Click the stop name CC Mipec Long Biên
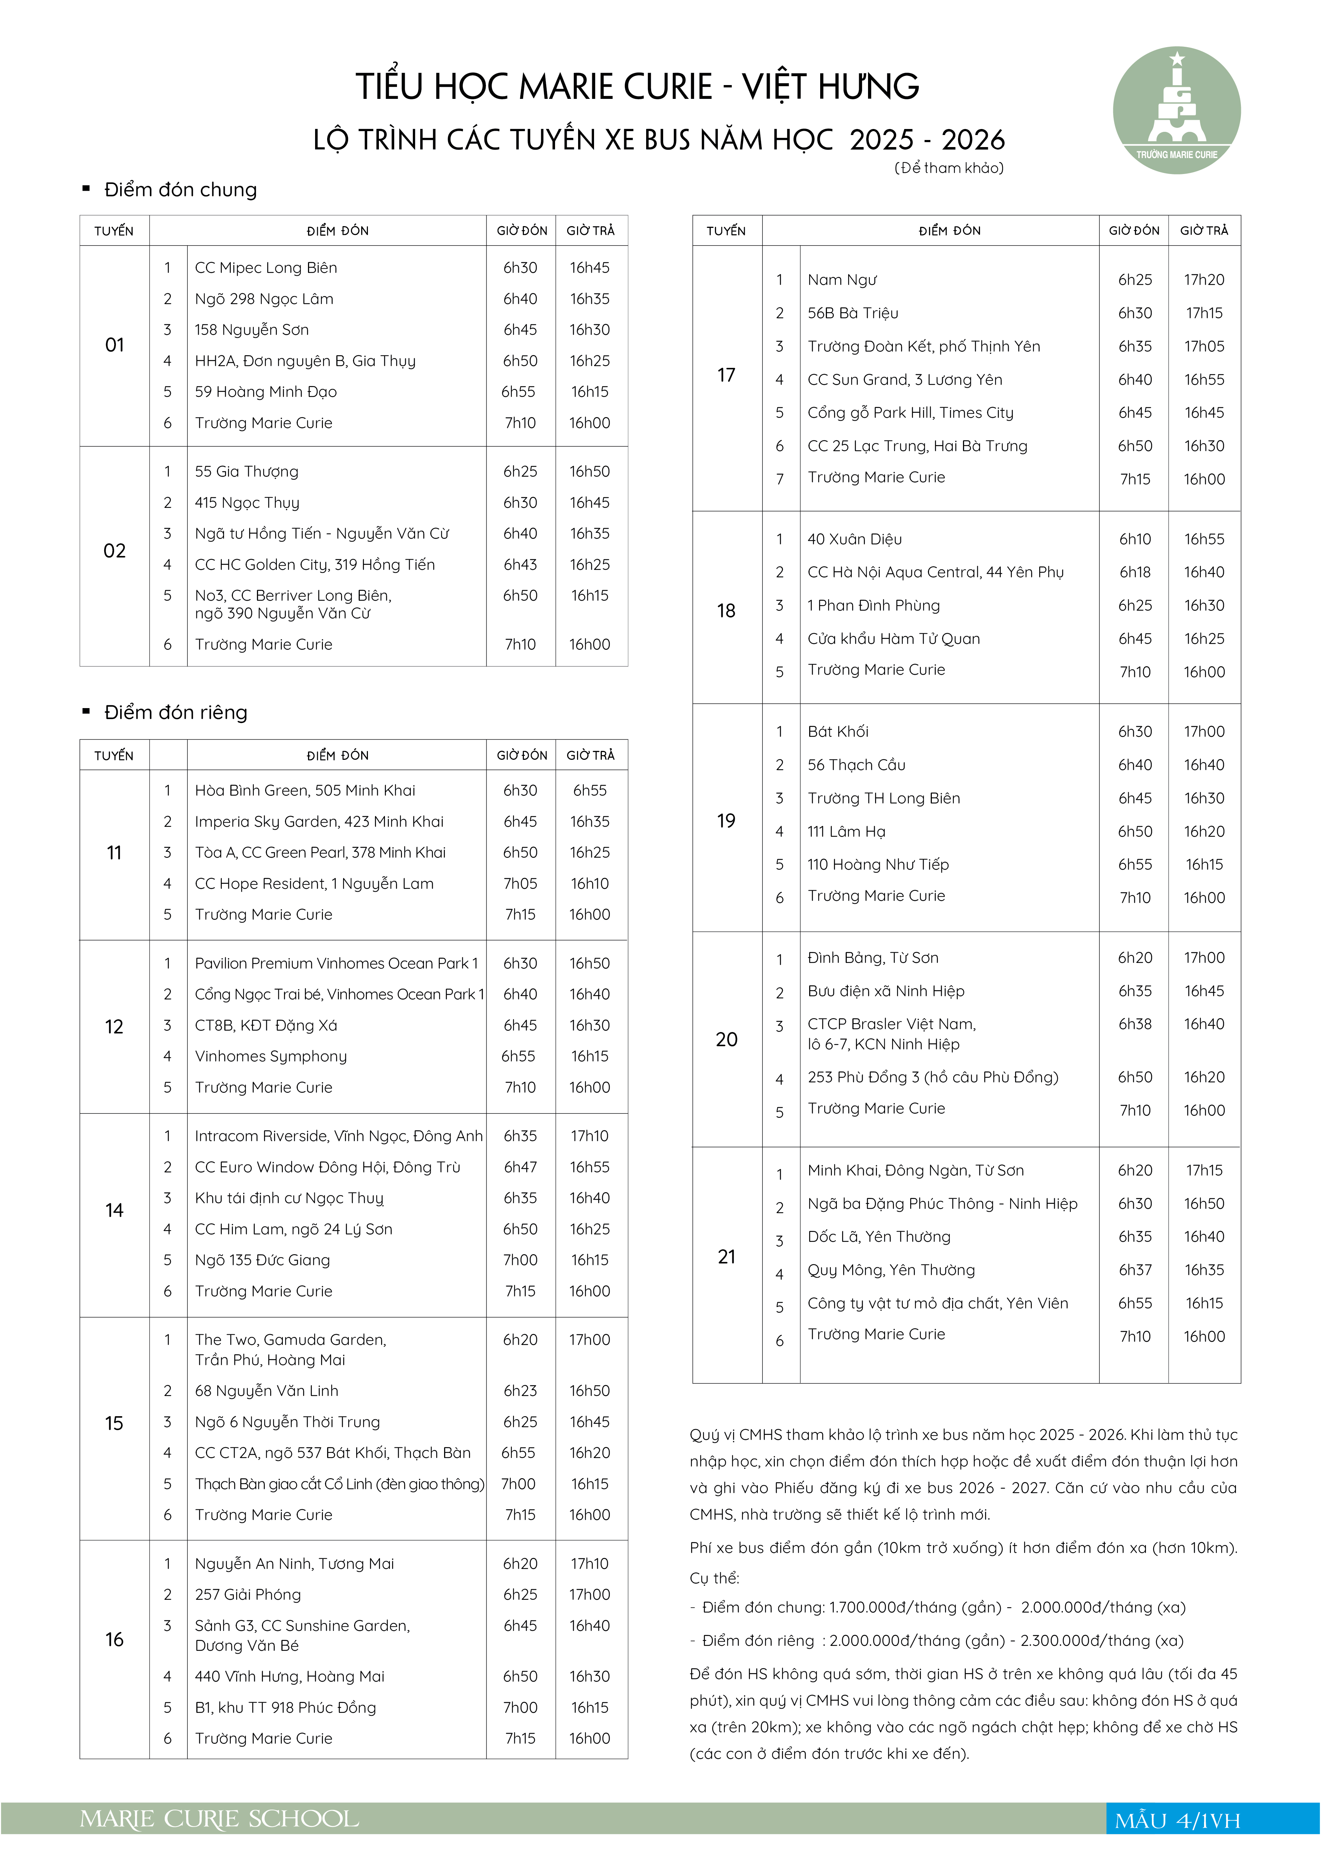pos(265,268)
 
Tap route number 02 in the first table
pos(115,550)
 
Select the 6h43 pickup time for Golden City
pos(520,564)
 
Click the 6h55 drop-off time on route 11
pos(590,790)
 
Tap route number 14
pos(115,1210)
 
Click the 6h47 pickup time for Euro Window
pos(520,1167)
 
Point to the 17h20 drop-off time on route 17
pos(1204,280)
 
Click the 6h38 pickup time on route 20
pos(1135,1024)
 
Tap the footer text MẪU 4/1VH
pos(1177,1821)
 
